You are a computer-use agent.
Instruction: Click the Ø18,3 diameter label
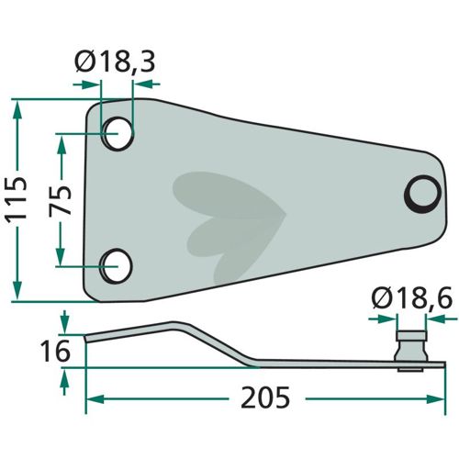point(115,62)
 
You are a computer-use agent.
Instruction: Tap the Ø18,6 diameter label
point(412,298)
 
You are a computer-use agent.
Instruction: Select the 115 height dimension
point(17,199)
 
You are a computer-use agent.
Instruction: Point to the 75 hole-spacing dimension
point(61,200)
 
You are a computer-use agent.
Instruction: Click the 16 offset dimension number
point(55,351)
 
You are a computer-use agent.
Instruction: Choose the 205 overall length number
point(265,397)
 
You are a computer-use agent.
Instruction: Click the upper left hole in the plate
point(118,134)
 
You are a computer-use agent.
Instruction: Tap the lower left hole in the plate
point(117,266)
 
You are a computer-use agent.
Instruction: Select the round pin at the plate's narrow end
point(422,194)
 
